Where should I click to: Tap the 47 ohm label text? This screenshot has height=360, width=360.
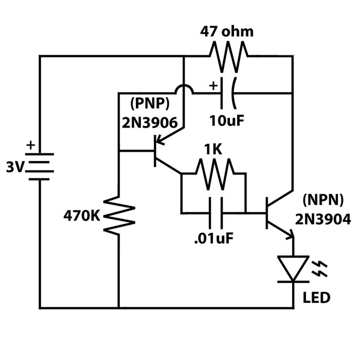tap(227, 31)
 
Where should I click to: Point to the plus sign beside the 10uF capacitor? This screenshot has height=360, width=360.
tap(212, 83)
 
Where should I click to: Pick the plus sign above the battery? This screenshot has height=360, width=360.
tap(30, 145)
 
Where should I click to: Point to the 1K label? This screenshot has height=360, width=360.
tap(213, 150)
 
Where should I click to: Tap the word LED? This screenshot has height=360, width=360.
tap(316, 298)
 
